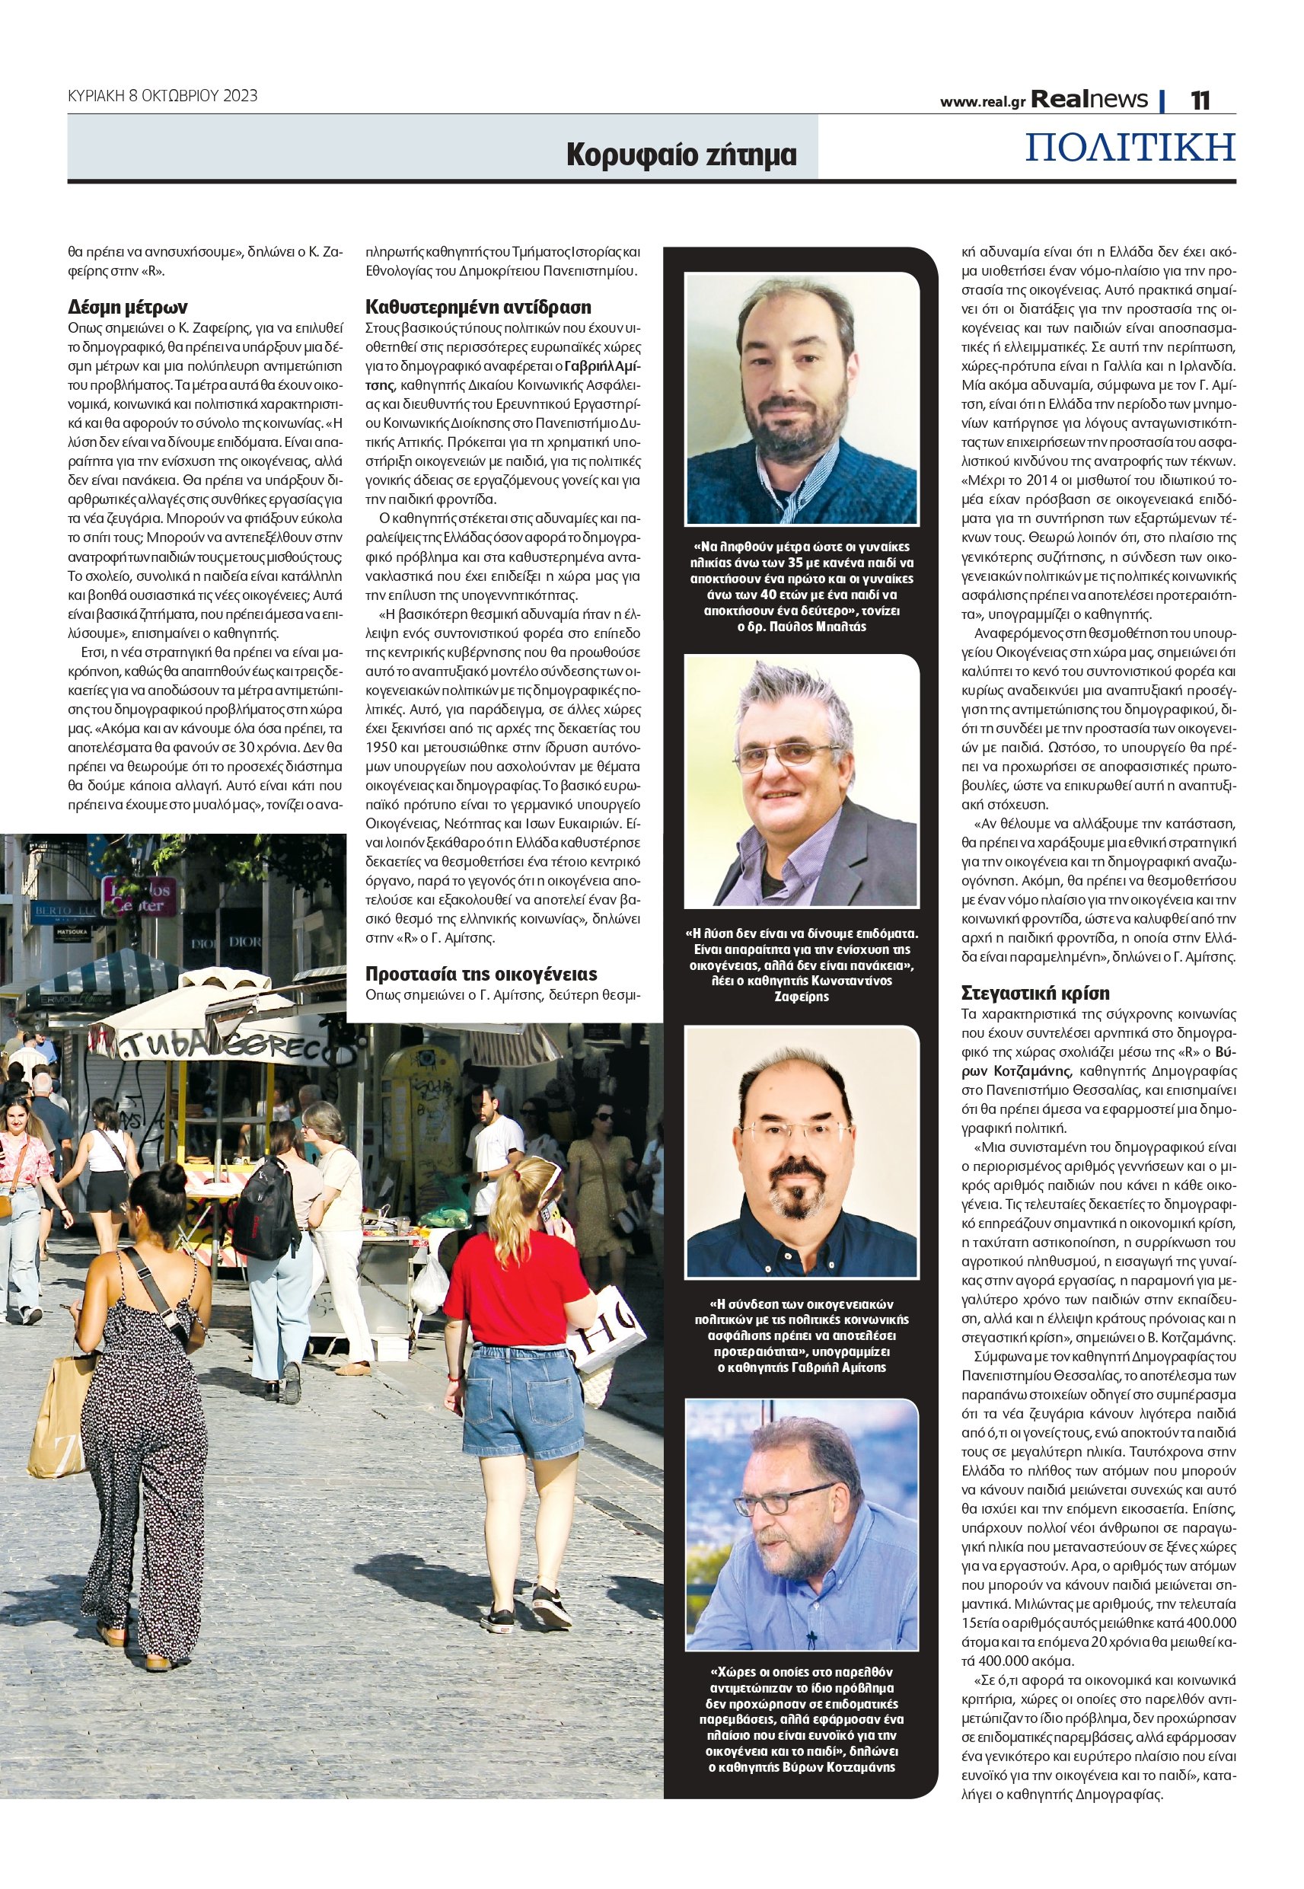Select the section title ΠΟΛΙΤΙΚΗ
pos(1130,147)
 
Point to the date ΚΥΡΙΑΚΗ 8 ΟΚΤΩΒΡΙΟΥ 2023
pos(163,96)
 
